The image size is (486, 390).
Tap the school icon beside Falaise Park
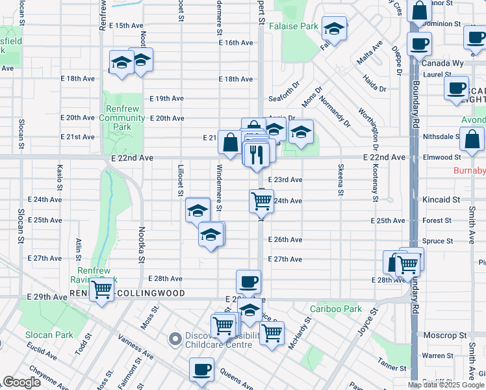[334, 28]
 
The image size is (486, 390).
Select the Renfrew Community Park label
[122, 118]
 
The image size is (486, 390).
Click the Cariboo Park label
[336, 309]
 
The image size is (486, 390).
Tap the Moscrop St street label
[444, 335]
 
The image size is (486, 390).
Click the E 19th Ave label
[167, 99]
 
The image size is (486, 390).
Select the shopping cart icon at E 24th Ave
[261, 201]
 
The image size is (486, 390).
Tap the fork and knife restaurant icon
[255, 154]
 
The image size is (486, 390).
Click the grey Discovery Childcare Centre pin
[174, 338]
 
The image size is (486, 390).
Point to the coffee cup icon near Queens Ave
[201, 369]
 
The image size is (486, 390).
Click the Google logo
[22, 382]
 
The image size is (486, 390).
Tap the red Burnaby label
[469, 172]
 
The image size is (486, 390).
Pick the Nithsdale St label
[441, 137]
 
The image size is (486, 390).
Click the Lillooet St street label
[181, 177]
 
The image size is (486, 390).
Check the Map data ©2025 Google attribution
[446, 385]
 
